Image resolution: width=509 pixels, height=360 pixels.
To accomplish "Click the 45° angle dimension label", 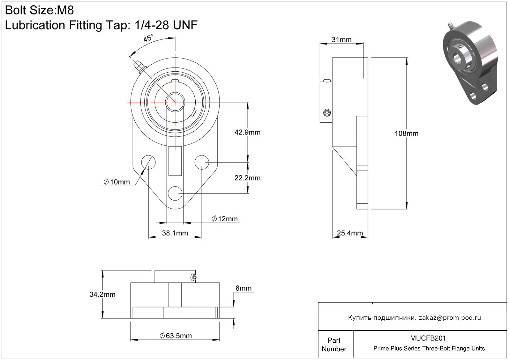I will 148,39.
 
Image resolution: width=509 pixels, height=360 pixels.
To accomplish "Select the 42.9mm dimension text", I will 247,132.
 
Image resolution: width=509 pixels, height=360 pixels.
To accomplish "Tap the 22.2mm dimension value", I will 247,178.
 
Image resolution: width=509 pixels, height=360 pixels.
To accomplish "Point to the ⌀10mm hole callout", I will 117,182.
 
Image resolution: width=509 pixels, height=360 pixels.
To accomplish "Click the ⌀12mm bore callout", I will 225,219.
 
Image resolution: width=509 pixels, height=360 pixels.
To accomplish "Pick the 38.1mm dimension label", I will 175,233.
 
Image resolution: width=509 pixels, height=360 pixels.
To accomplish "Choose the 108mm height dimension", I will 406,133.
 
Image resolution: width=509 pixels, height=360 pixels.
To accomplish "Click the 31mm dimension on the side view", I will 341,40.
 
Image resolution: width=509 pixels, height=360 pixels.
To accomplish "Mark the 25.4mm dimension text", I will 350,233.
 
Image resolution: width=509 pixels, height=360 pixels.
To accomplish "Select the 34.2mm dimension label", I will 102,294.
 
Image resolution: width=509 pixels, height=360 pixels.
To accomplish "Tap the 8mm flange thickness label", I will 244,288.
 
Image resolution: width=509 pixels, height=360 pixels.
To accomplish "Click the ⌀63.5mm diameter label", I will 176,336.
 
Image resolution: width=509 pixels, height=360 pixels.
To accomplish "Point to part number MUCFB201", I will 428,338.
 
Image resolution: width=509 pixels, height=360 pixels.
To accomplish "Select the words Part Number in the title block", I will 334,345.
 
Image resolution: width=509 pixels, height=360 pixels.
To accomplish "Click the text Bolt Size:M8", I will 40,11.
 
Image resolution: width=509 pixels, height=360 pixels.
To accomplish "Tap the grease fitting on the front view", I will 139,66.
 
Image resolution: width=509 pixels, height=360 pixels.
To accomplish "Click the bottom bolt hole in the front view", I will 175,193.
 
